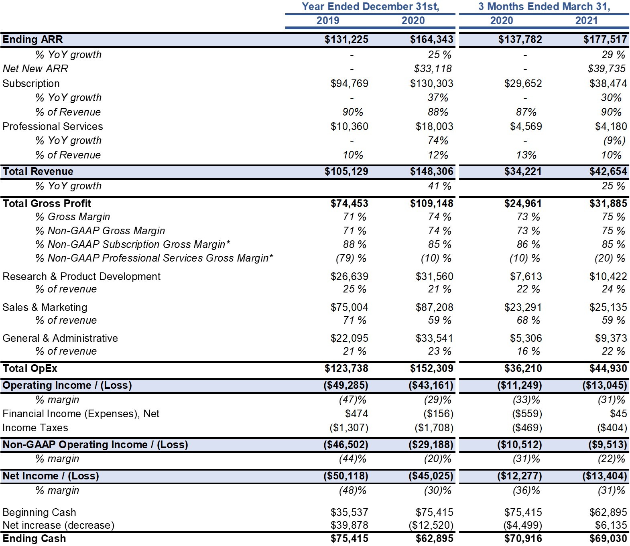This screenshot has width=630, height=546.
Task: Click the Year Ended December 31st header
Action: (x=370, y=6)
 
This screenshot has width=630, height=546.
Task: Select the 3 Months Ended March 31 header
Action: (x=544, y=6)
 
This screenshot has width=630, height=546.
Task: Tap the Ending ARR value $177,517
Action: (x=605, y=39)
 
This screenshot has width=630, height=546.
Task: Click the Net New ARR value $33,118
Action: (x=433, y=69)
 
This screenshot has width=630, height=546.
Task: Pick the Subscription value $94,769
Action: (x=349, y=83)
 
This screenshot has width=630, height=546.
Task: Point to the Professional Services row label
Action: (x=53, y=126)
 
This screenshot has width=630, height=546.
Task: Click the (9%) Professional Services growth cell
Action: (x=614, y=140)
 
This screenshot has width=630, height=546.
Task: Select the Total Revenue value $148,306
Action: (x=432, y=171)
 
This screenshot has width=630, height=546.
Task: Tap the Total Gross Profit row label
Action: (x=47, y=203)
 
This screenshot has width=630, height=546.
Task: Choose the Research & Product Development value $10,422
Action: (x=608, y=276)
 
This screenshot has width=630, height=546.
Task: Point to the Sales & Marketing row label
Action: (x=45, y=307)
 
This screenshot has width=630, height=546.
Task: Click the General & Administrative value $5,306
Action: (x=526, y=338)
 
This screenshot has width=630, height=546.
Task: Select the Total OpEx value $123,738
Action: (x=346, y=368)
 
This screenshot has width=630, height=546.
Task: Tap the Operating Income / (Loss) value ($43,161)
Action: (x=431, y=385)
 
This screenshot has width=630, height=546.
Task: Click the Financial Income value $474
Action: (x=357, y=414)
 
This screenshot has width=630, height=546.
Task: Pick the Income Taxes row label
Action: (x=35, y=428)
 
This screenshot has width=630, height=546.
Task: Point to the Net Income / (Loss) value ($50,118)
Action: (x=346, y=476)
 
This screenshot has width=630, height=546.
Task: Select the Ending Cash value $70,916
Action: (x=523, y=538)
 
